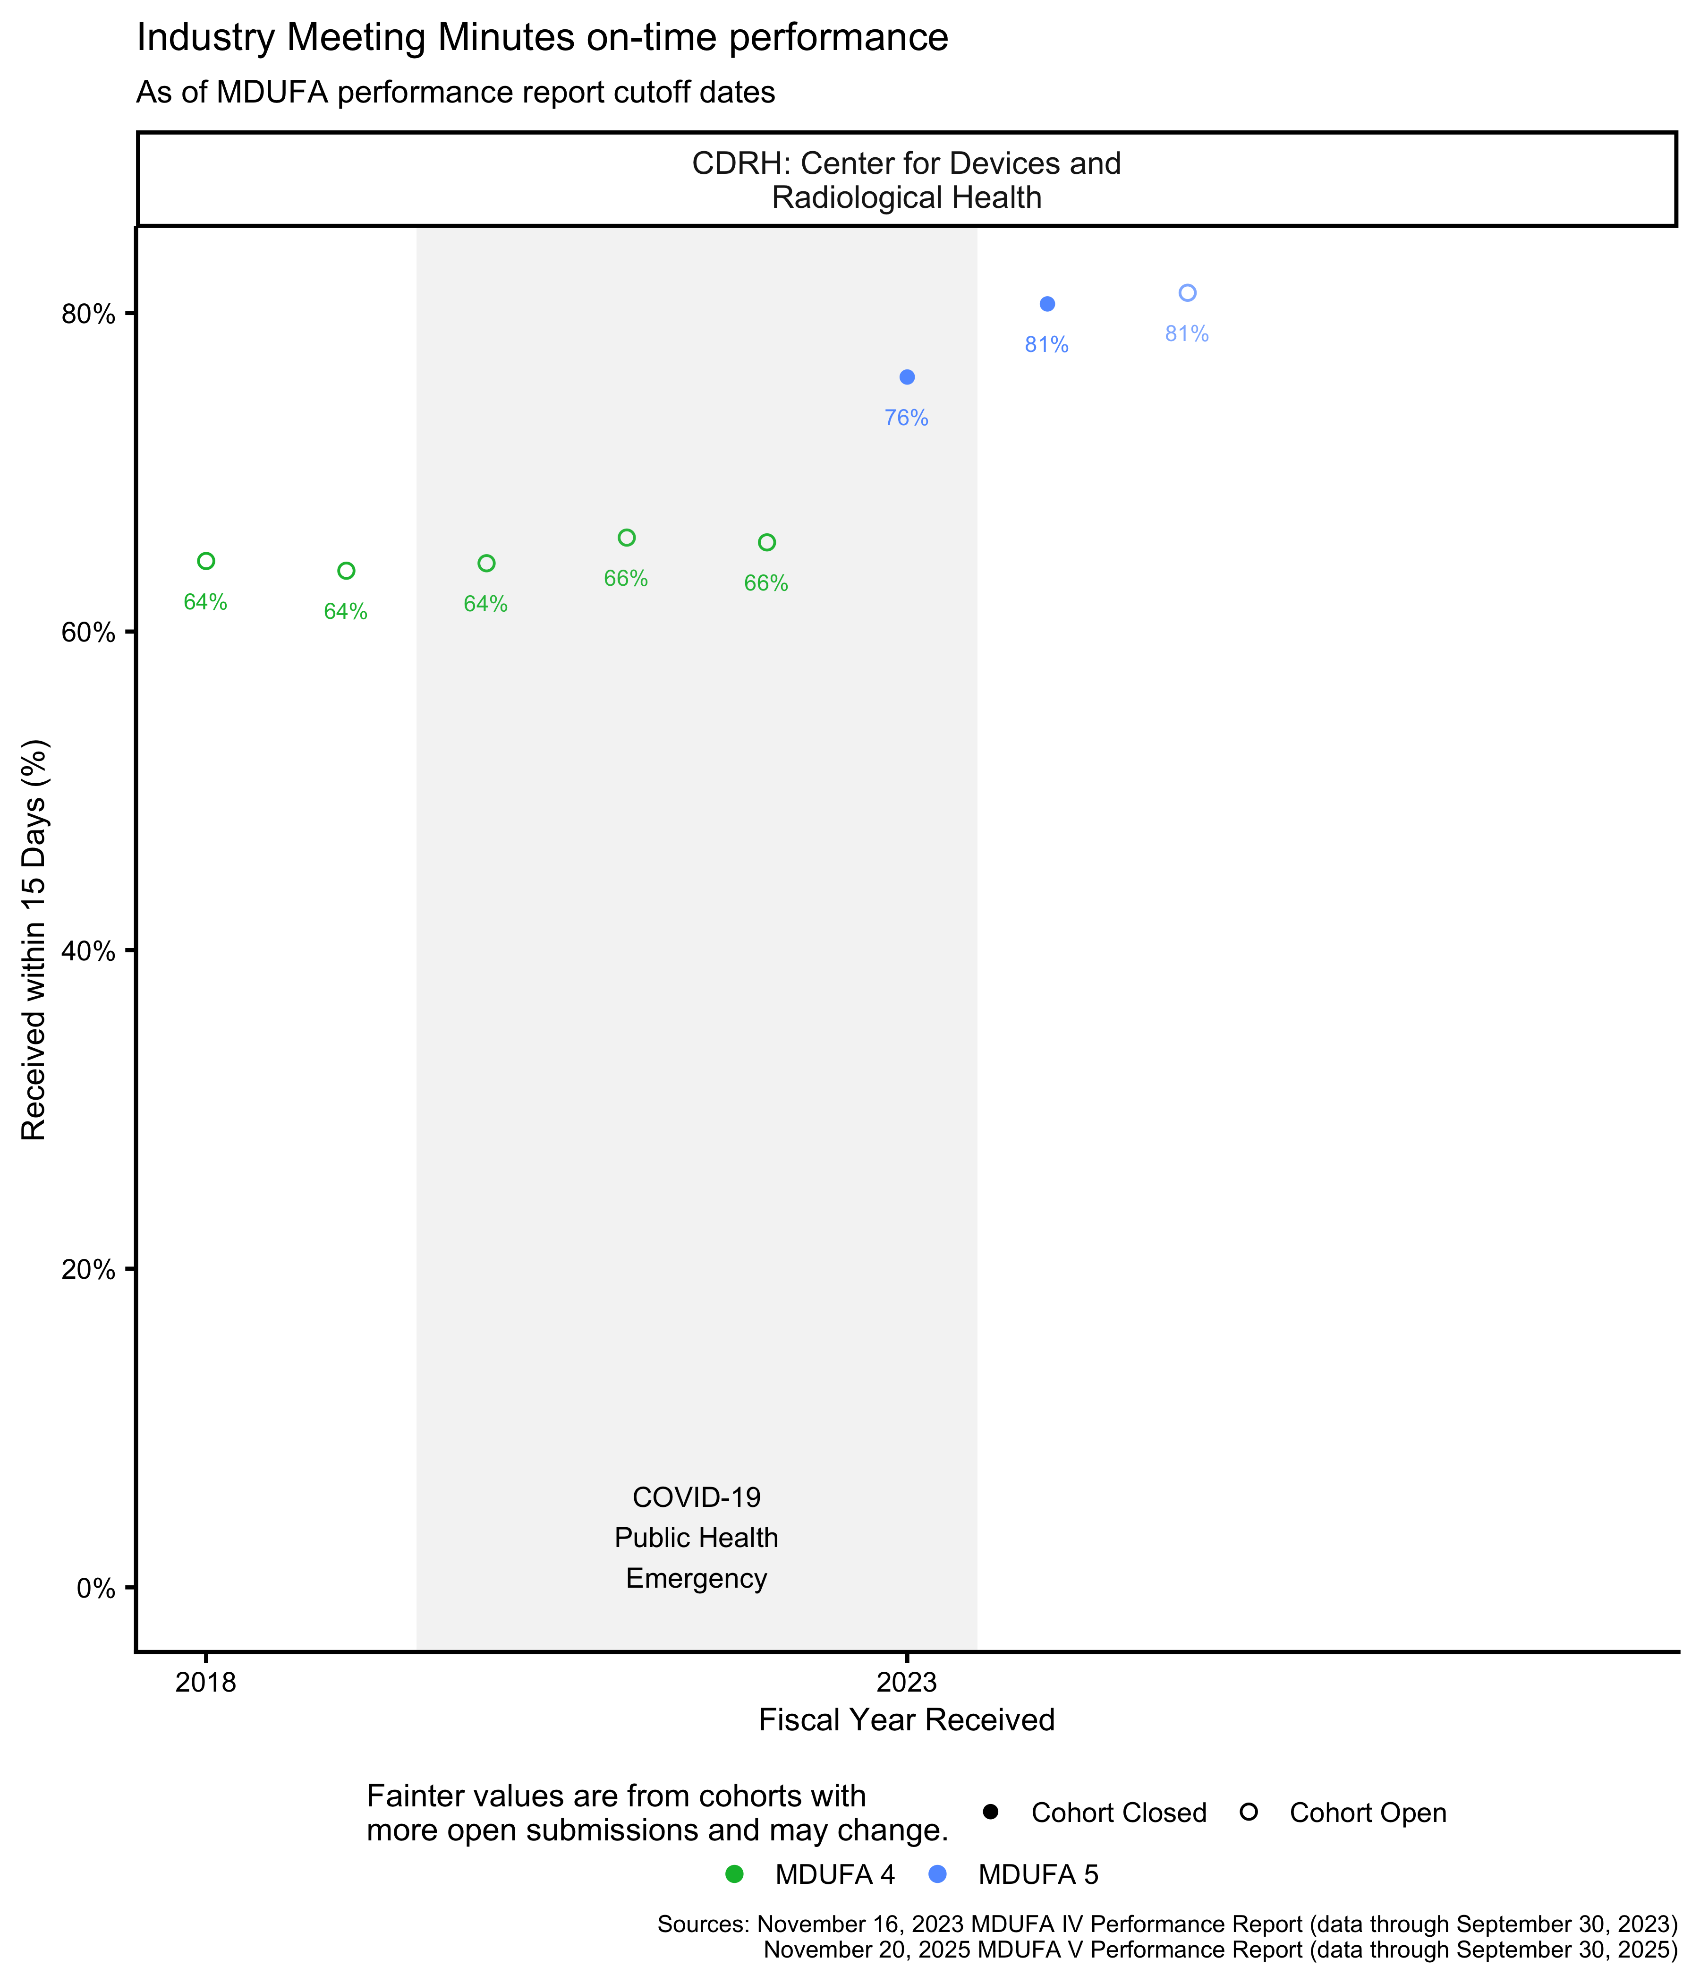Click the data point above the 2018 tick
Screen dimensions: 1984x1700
coord(206,561)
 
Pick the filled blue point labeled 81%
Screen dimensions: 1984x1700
coord(1047,305)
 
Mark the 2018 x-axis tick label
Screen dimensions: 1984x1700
coord(206,1682)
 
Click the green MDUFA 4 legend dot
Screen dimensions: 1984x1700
coord(734,1875)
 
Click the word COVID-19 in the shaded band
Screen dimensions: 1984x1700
coord(696,1497)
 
